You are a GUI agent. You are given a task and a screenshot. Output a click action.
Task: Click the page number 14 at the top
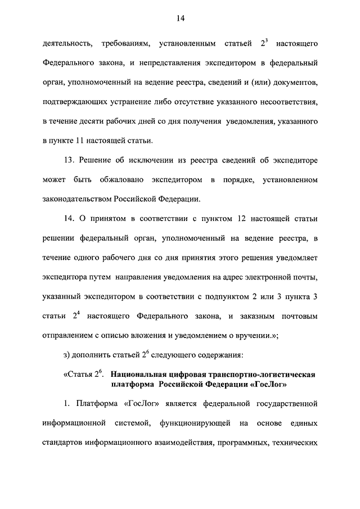coord(179,19)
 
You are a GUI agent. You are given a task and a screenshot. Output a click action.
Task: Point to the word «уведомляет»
coord(298,258)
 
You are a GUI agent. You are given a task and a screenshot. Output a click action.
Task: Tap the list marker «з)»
coord(67,355)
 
